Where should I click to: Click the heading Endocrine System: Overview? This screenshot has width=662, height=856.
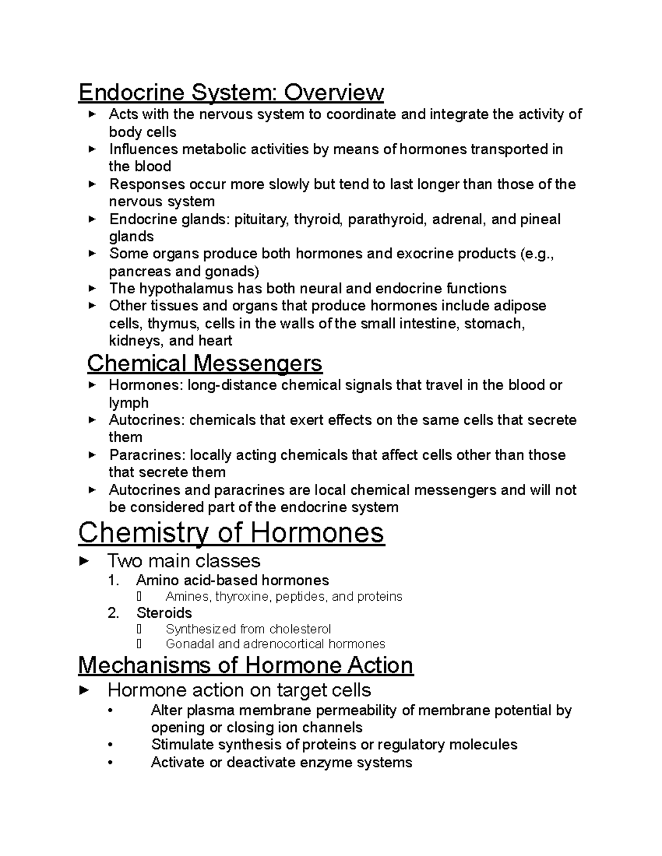231,92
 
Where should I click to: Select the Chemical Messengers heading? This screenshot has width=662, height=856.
205,363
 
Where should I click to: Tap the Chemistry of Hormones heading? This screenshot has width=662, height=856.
231,533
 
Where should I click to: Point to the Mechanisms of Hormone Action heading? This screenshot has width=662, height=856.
245,665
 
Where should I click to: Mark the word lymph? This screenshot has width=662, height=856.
129,403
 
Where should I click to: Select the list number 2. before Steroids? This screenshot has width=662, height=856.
114,613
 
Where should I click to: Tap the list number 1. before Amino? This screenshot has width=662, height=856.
114,580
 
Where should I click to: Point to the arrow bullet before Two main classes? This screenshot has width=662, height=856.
84,561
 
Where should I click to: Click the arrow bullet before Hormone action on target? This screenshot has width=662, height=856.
84,690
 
